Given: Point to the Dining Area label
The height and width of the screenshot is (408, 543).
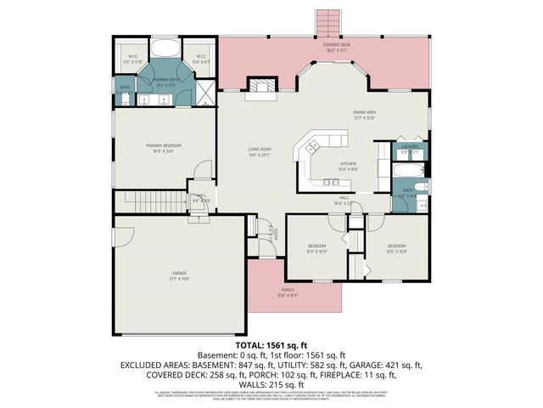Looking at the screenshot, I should (365, 115).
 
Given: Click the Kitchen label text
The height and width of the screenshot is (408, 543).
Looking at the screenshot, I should (348, 166).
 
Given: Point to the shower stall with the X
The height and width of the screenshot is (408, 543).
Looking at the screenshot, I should (206, 90).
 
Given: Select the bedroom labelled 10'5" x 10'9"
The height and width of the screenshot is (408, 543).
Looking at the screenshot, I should (397, 247).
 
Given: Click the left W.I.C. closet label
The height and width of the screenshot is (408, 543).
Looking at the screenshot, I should (133, 59).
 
